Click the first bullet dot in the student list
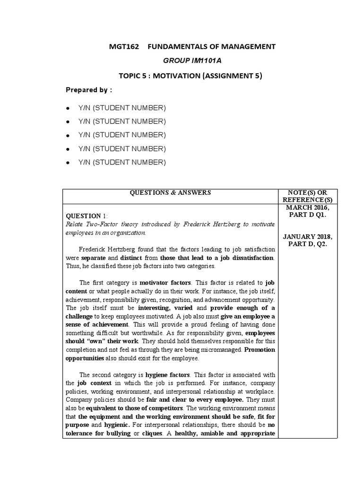[x=69, y=108]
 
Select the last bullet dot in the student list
[x=69, y=163]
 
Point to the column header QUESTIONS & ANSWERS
[x=171, y=192]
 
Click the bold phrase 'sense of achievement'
[x=97, y=325]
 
